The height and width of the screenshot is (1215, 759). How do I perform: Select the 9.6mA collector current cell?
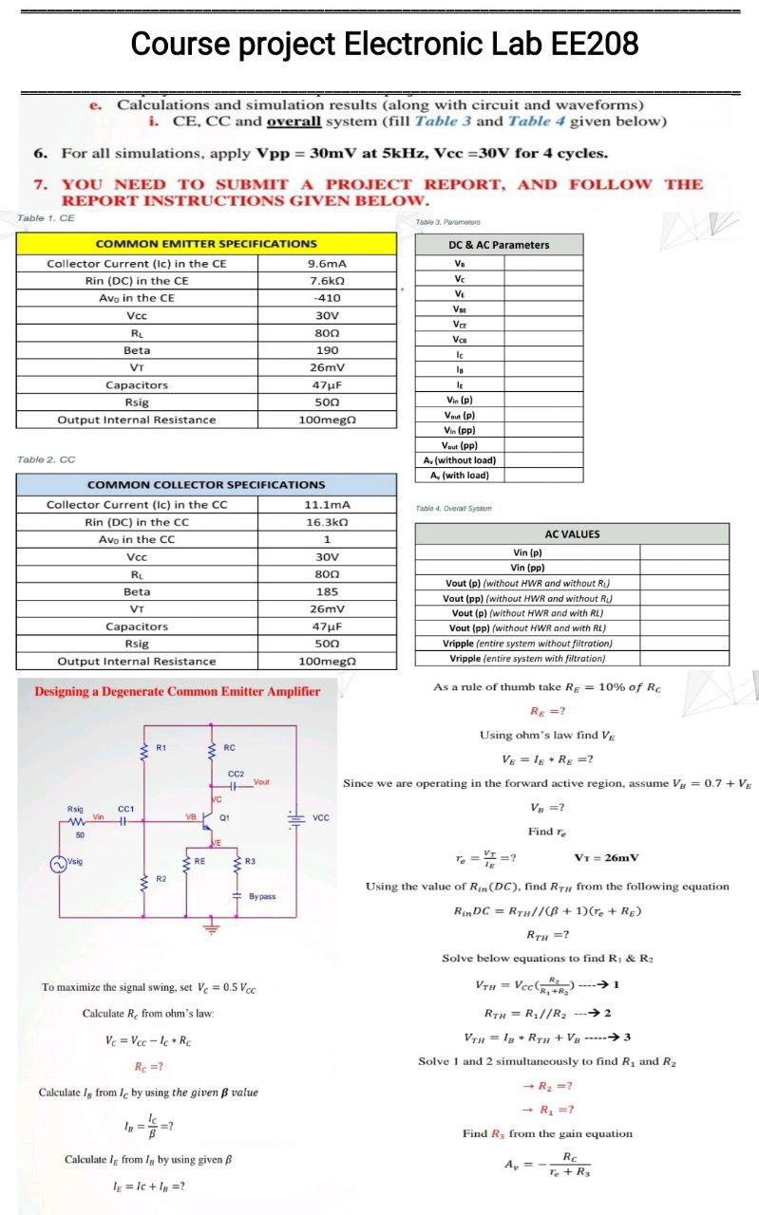tap(327, 263)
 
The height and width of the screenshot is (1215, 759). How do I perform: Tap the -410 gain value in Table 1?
tap(327, 297)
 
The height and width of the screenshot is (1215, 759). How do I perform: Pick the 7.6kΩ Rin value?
tap(327, 280)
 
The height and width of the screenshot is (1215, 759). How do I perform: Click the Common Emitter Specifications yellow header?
tap(206, 244)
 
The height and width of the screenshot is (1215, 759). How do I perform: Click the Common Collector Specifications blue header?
tap(206, 485)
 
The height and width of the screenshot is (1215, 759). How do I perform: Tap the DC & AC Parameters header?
tap(499, 244)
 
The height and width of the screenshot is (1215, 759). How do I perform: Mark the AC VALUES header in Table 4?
tap(572, 533)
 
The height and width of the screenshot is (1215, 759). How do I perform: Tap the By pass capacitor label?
tap(262, 896)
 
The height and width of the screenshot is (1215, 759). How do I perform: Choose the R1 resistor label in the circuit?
tap(161, 748)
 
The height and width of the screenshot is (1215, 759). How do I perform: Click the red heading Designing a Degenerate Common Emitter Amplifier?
tap(178, 691)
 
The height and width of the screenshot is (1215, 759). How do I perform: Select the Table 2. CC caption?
tap(47, 459)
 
